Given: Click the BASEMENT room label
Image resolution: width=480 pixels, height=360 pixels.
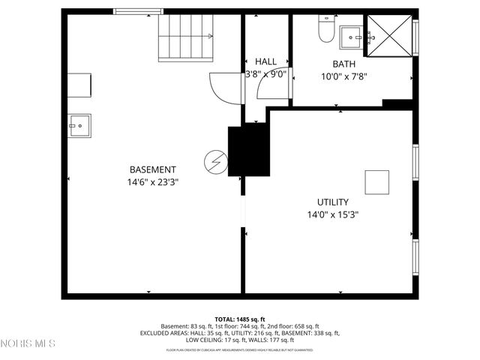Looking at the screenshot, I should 153,169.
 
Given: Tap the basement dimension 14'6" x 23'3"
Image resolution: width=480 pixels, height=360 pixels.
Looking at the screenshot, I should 153,181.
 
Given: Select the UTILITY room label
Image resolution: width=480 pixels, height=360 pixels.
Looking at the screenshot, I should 332,202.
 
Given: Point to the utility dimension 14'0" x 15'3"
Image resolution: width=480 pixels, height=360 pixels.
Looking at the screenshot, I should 332,214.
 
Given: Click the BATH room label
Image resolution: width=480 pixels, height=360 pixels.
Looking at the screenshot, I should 343,64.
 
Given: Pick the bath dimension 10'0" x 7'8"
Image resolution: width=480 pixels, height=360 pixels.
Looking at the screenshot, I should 343,76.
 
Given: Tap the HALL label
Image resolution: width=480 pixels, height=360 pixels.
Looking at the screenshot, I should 265,61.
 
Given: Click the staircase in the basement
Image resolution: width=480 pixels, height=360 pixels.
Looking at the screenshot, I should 185,38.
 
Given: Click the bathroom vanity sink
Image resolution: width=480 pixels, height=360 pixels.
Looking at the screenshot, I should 352,36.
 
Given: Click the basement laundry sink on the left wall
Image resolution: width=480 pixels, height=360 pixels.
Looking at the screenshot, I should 79,125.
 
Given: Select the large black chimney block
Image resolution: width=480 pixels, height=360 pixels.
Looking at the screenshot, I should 248,151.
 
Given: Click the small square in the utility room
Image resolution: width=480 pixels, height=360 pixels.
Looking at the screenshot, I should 377,182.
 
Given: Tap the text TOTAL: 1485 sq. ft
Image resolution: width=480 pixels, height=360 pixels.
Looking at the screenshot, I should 240,319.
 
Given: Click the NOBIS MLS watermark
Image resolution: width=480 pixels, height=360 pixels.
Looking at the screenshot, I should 28,343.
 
